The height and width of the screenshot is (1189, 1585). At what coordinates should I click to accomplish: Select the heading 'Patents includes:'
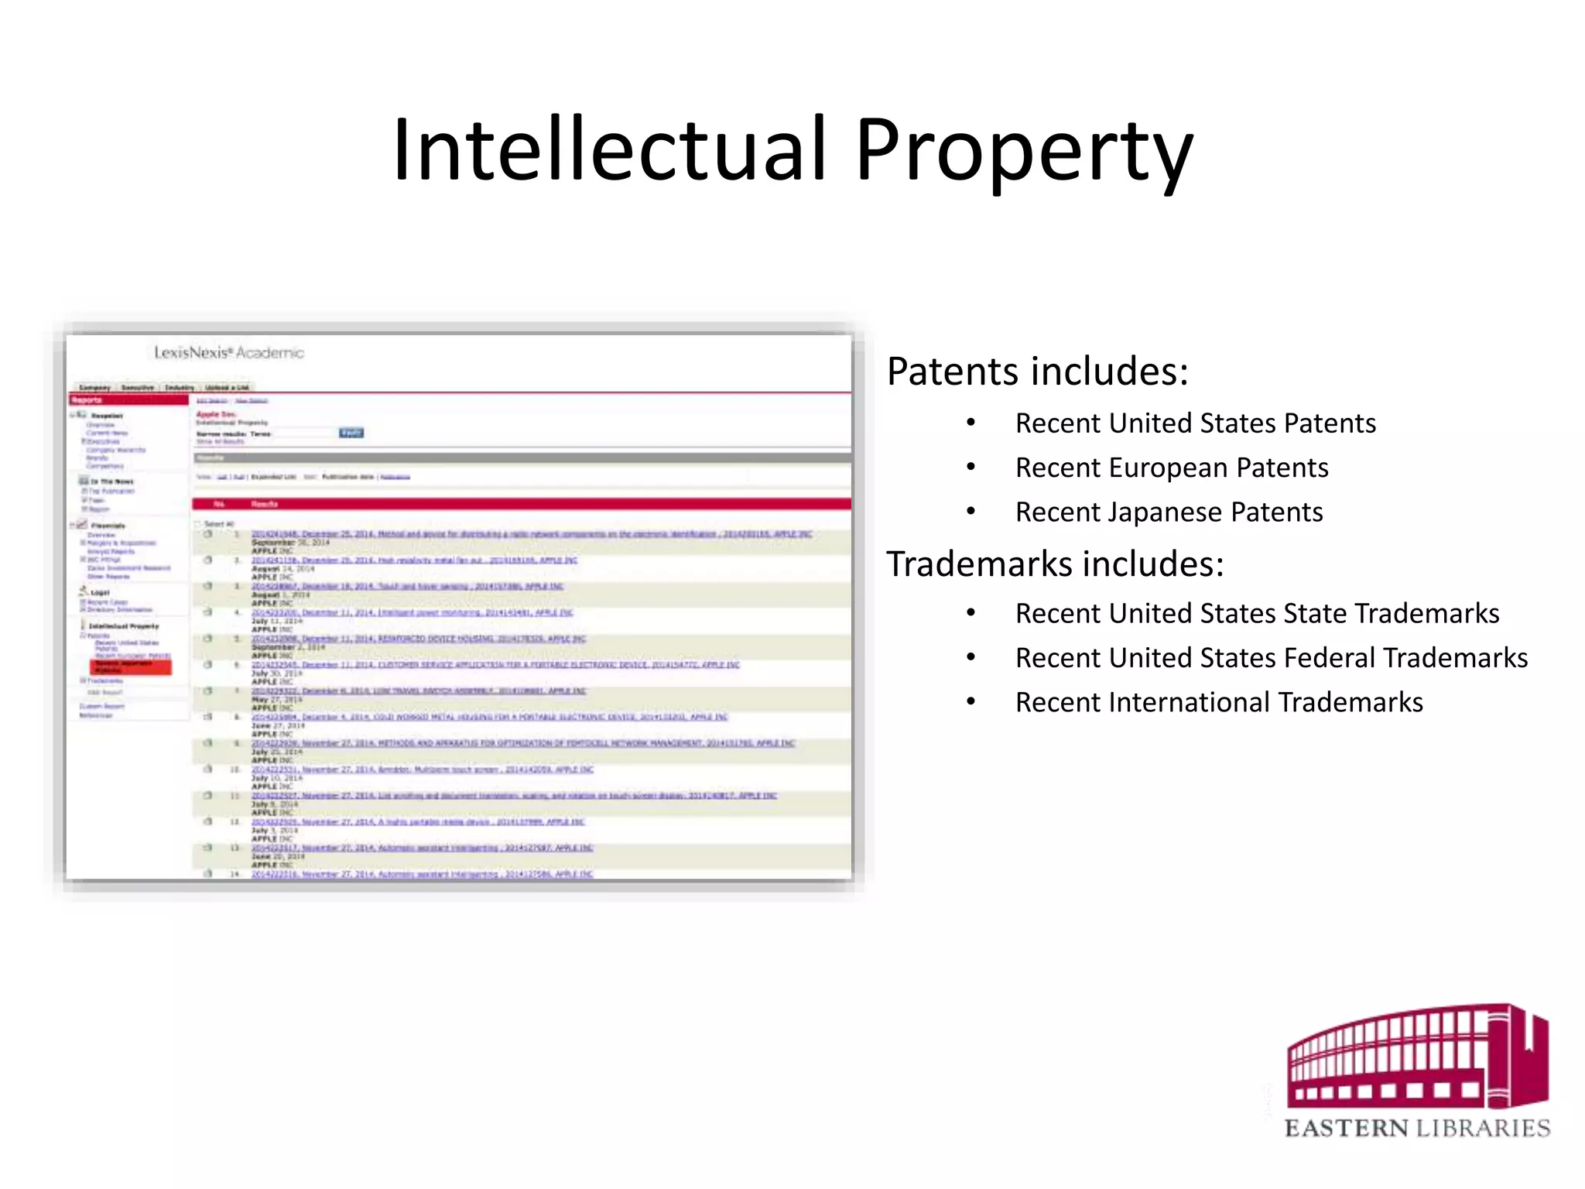(x=1037, y=372)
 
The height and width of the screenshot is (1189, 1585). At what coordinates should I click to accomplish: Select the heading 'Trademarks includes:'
(x=1055, y=564)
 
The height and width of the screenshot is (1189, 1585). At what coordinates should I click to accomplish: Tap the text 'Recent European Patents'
(x=1172, y=468)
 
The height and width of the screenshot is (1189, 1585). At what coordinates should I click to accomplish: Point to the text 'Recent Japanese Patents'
(x=1169, y=512)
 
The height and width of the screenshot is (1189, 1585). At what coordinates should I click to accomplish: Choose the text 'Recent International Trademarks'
(x=1219, y=702)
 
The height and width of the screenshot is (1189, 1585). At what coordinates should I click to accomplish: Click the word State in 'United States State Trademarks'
(x=1315, y=613)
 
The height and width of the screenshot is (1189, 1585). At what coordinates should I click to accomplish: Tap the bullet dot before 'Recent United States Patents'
(x=971, y=423)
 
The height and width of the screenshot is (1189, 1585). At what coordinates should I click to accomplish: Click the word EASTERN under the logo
(x=1346, y=1129)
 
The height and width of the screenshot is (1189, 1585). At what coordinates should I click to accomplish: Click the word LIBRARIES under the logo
(x=1483, y=1129)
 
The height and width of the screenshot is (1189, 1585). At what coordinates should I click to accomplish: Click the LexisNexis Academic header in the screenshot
(x=229, y=353)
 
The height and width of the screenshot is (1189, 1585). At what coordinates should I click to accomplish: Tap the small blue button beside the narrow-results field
(x=351, y=433)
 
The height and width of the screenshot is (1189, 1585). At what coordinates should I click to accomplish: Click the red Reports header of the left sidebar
(x=128, y=400)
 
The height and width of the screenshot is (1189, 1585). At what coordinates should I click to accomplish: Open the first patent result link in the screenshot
(x=531, y=534)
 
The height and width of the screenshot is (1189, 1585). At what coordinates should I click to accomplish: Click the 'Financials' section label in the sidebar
(x=108, y=526)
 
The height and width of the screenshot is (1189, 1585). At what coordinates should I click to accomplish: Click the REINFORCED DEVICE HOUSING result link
(x=418, y=639)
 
